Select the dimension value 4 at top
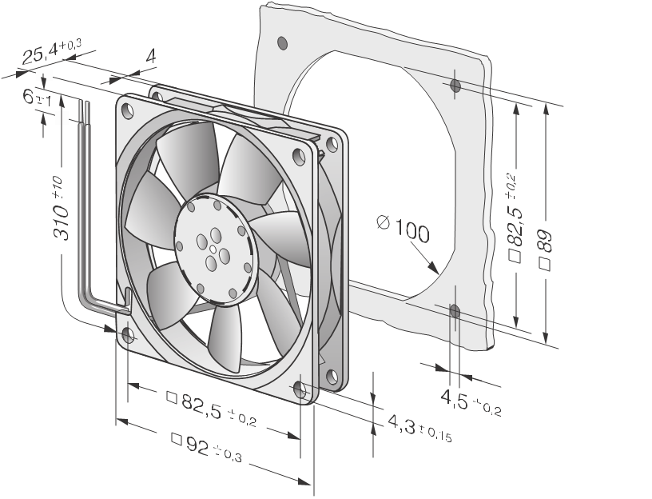(x=151, y=56)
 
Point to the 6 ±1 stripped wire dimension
(x=38, y=98)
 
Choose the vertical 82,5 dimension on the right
(x=515, y=217)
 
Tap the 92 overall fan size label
(x=206, y=447)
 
